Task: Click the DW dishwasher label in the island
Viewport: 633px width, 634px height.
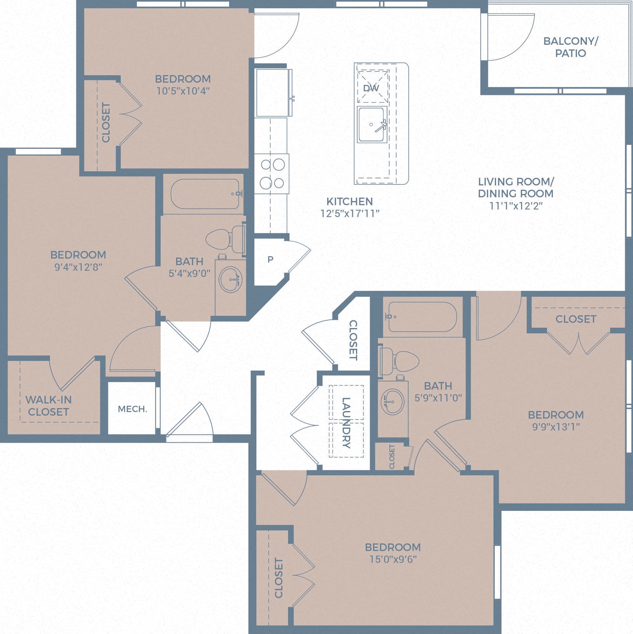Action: pyautogui.click(x=371, y=88)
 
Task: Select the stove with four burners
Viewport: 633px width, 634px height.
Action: pyautogui.click(x=272, y=174)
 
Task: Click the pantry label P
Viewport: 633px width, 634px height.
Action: pyautogui.click(x=270, y=260)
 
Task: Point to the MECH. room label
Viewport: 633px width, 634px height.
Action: pyautogui.click(x=132, y=409)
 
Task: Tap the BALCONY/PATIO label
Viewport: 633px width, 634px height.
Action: pyautogui.click(x=570, y=47)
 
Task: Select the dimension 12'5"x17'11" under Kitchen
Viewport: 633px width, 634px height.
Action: pyautogui.click(x=350, y=213)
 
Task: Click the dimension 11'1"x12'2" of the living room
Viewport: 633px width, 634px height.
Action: pyautogui.click(x=515, y=206)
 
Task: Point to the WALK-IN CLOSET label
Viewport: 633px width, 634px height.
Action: pyautogui.click(x=48, y=406)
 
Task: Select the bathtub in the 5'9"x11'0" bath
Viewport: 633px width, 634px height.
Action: pyautogui.click(x=422, y=317)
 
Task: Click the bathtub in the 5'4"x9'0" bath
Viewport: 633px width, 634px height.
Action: pyautogui.click(x=205, y=194)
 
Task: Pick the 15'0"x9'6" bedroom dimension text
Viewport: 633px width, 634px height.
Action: pyautogui.click(x=393, y=559)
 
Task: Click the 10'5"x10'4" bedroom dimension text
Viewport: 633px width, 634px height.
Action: pyautogui.click(x=183, y=91)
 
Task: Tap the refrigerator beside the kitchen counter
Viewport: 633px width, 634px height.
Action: pyautogui.click(x=273, y=93)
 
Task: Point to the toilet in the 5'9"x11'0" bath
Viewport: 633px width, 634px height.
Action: pyautogui.click(x=401, y=361)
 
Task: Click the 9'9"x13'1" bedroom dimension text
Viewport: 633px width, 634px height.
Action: pyautogui.click(x=556, y=427)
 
